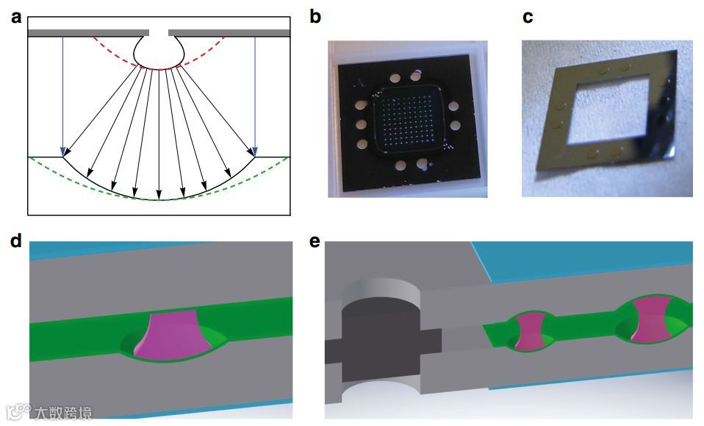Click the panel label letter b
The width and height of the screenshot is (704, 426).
point(315,16)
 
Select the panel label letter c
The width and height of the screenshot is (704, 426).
point(528,16)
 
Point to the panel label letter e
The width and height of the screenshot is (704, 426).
point(315,244)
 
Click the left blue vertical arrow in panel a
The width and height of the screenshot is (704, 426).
point(63,96)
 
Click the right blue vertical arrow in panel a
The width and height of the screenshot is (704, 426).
point(255,96)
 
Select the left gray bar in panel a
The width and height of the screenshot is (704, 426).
point(88,32)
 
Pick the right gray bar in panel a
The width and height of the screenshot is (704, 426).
point(229,32)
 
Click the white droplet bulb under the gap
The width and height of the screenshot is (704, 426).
point(159,52)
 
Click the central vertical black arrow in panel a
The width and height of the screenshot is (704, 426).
point(159,132)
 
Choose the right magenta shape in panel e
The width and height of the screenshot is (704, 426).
point(648,322)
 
